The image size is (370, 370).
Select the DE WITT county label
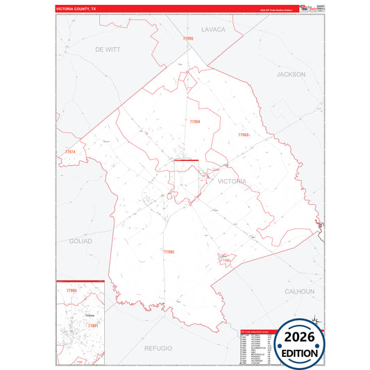tap(108, 50)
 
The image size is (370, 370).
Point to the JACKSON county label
tap(290, 74)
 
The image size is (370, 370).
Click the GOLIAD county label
tap(81, 241)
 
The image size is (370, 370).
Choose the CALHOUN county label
tap(299, 292)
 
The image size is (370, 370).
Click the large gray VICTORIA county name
tap(231, 181)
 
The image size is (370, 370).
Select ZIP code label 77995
tap(187, 39)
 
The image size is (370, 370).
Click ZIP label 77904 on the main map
tap(195, 121)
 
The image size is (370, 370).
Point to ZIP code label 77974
tap(70, 151)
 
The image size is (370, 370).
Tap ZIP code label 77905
tap(168, 251)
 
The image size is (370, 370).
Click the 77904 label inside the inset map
tap(71, 289)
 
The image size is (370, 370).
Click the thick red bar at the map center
tap(186, 161)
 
